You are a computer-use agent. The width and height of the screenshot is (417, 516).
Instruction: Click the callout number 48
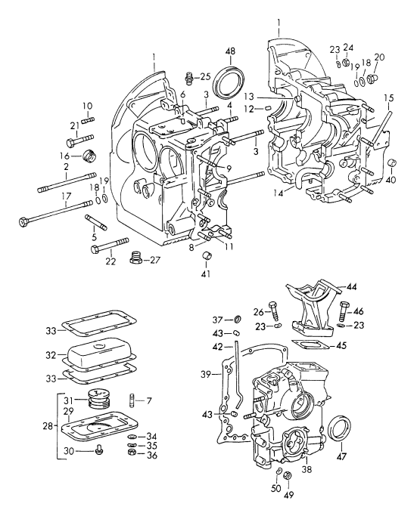pyautogui.click(x=230, y=51)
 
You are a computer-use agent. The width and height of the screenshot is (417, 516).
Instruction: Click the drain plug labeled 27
pyautogui.click(x=136, y=258)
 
